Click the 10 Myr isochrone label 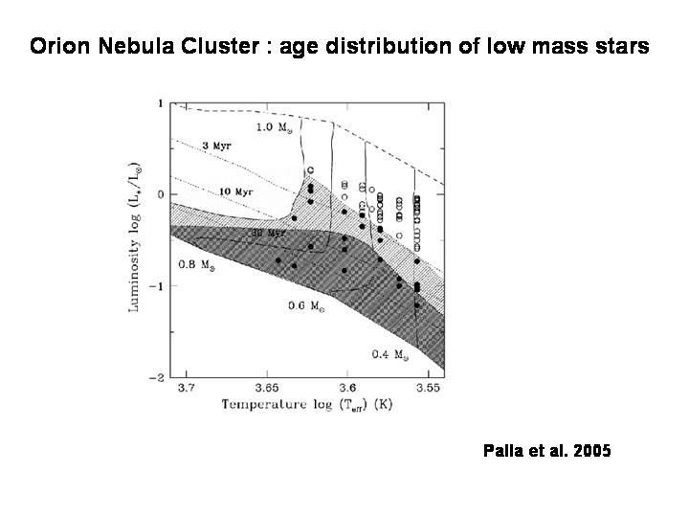point(235,192)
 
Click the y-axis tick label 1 point(160,102)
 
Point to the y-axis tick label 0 point(160,194)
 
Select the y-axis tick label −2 point(157,378)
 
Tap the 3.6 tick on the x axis point(348,388)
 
